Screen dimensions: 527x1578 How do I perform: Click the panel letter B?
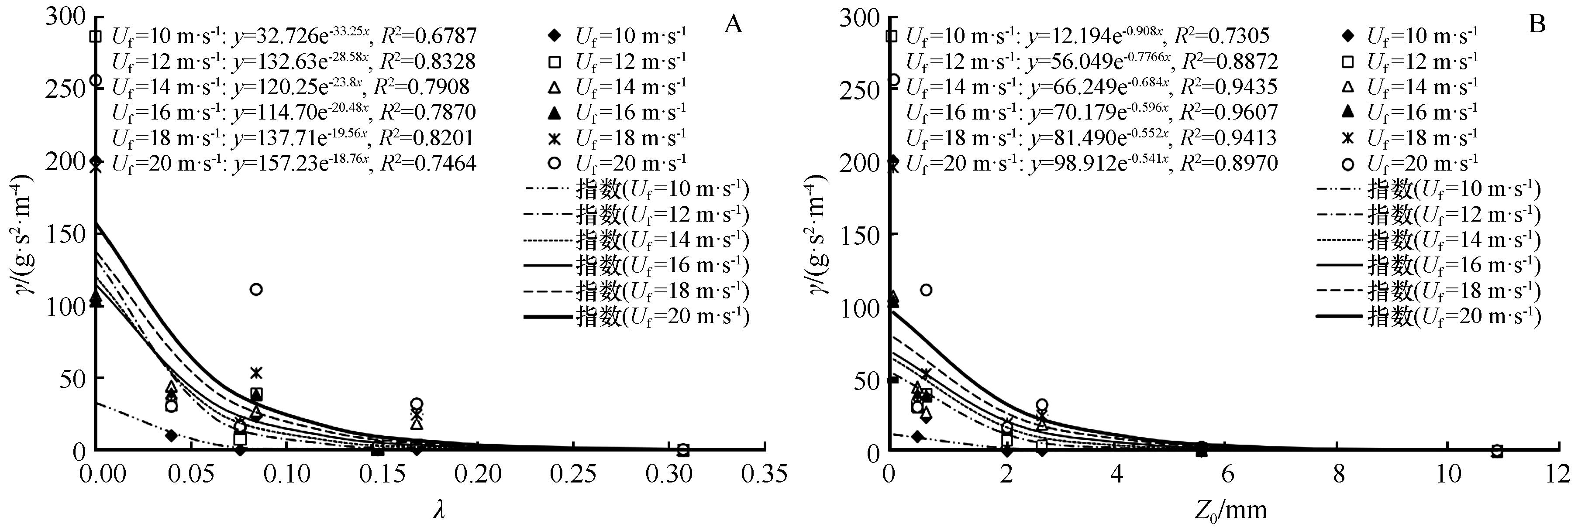click(1537, 24)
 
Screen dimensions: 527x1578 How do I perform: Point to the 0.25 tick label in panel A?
click(573, 474)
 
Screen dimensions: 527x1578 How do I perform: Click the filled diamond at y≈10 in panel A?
click(172, 436)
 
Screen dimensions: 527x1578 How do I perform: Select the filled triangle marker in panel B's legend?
click(1347, 112)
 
